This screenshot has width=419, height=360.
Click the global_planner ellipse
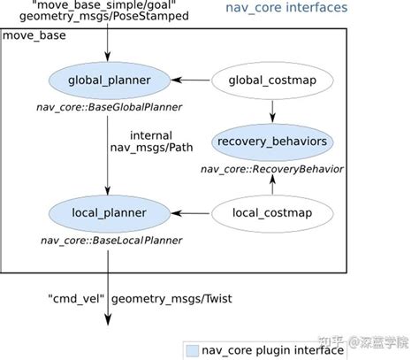110,80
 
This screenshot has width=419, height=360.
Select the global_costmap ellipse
272,80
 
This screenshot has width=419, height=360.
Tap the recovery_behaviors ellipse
272,142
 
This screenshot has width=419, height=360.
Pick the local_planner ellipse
110,213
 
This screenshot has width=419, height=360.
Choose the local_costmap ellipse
272,213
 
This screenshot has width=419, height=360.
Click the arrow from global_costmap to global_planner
190,80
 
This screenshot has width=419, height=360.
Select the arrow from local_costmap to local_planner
190,213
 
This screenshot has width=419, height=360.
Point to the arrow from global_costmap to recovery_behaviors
272,111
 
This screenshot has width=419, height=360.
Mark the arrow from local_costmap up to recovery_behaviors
272,184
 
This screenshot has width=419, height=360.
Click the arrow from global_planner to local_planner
108,156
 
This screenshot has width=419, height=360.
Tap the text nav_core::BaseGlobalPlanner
110,107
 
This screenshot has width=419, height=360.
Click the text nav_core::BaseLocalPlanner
111,241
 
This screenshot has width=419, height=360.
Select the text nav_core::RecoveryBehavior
272,169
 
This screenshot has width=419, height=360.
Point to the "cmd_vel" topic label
76,299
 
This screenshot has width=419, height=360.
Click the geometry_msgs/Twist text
171,299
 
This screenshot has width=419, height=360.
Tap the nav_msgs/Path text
151,148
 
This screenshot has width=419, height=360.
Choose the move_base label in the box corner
34,35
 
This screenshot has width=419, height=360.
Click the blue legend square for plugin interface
192,351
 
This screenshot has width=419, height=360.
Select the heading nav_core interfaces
286,7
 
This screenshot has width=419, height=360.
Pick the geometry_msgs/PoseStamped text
104,16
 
